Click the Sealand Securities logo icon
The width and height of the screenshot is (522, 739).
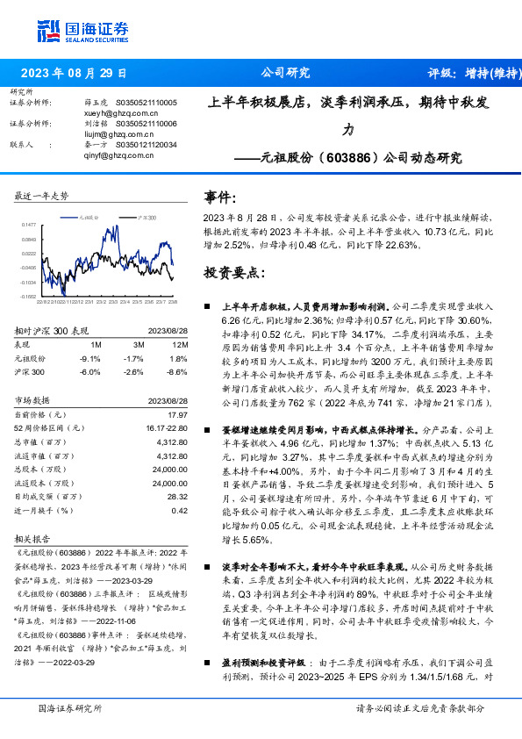pyautogui.click(x=49, y=31)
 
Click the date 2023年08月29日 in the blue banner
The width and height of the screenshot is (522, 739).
pyautogui.click(x=74, y=73)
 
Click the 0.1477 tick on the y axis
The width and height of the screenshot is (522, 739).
pyautogui.click(x=29, y=225)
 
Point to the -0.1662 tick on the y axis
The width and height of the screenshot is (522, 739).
pyautogui.click(x=29, y=298)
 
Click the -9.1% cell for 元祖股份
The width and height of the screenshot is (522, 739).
pyautogui.click(x=89, y=358)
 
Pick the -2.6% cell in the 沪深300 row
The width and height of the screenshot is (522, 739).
pyautogui.click(x=133, y=372)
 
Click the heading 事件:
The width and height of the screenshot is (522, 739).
pyautogui.click(x=219, y=197)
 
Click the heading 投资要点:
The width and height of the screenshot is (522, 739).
pyautogui.click(x=232, y=272)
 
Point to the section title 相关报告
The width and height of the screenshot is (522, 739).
pyautogui.click(x=33, y=539)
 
